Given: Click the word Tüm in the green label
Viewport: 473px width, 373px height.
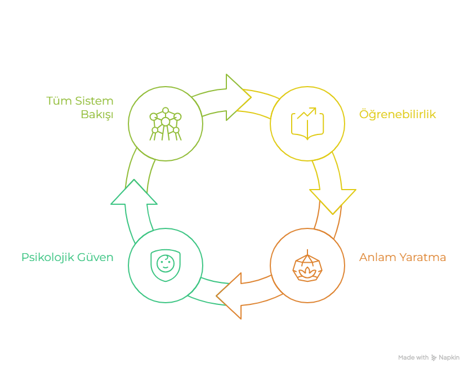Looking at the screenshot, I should point(56,101).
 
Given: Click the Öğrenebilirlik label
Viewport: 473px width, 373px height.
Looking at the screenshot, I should point(398,115).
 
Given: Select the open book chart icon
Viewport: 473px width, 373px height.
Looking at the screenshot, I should point(307,123).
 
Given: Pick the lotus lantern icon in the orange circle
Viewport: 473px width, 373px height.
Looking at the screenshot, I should point(307,266).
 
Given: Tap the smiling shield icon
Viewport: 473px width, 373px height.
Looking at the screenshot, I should point(165,266).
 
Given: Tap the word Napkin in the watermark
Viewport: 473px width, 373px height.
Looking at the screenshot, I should point(450,357).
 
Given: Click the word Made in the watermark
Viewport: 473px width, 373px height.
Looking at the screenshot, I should point(405,357).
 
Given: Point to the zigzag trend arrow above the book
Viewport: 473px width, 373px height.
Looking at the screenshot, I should point(307,113).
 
